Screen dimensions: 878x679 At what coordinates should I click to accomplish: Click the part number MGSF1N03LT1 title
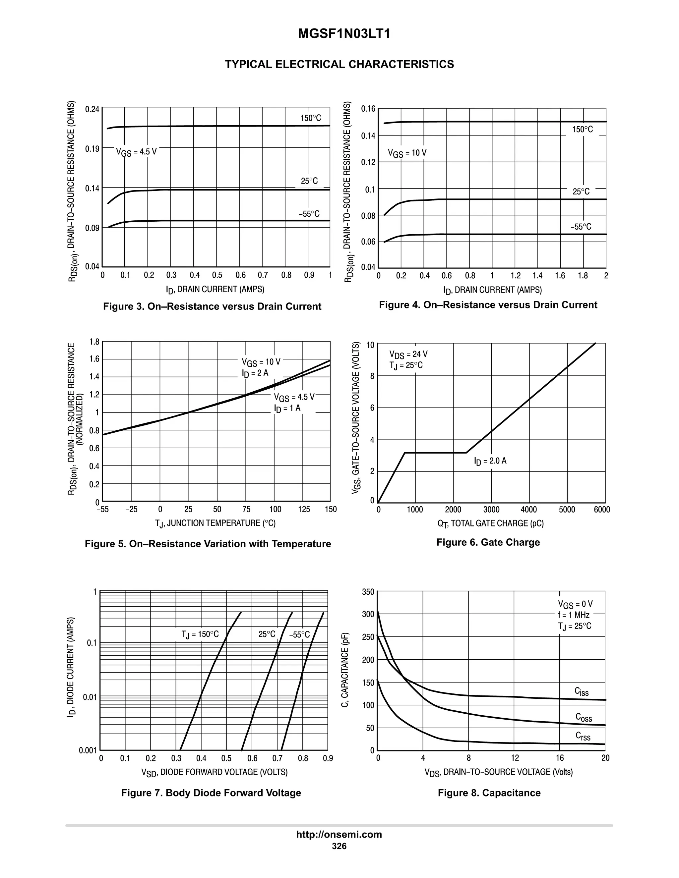pyautogui.click(x=344, y=34)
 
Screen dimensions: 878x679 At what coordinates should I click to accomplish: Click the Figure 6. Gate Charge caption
pyautogui.click(x=488, y=542)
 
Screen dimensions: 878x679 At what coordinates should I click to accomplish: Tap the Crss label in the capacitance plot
pyautogui.click(x=583, y=736)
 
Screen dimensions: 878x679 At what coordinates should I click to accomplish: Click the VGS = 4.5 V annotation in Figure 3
pyautogui.click(x=136, y=152)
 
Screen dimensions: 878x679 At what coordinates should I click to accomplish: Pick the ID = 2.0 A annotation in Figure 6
pyautogui.click(x=490, y=461)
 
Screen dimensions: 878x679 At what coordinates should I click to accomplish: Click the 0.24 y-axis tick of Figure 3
pyautogui.click(x=92, y=109)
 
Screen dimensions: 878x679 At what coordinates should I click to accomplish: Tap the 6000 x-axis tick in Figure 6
pyautogui.click(x=602, y=510)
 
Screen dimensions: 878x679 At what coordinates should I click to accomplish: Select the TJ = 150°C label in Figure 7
pyautogui.click(x=200, y=634)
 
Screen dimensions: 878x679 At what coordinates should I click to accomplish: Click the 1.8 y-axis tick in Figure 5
pyautogui.click(x=94, y=342)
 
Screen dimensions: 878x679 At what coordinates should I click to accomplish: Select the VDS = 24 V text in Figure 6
pyautogui.click(x=408, y=354)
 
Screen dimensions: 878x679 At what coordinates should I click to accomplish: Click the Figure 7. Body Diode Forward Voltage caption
pyautogui.click(x=211, y=793)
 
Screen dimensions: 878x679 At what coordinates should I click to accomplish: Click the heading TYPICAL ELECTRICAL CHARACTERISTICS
pyautogui.click(x=339, y=64)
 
